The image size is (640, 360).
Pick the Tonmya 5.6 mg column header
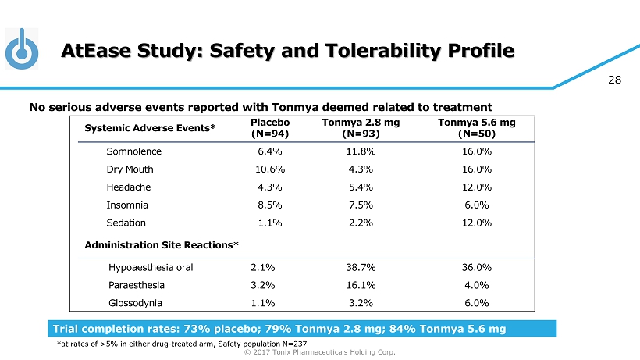[476, 128]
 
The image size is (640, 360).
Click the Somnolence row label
[133, 151]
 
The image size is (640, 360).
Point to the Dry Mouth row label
[130, 169]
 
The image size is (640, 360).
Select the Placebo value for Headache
[269, 187]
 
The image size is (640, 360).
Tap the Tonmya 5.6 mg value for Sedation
[476, 223]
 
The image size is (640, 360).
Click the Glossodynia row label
[137, 303]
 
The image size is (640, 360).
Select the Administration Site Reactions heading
[161, 245]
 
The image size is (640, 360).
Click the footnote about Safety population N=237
[175, 343]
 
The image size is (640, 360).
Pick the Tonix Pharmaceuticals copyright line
[320, 353]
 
